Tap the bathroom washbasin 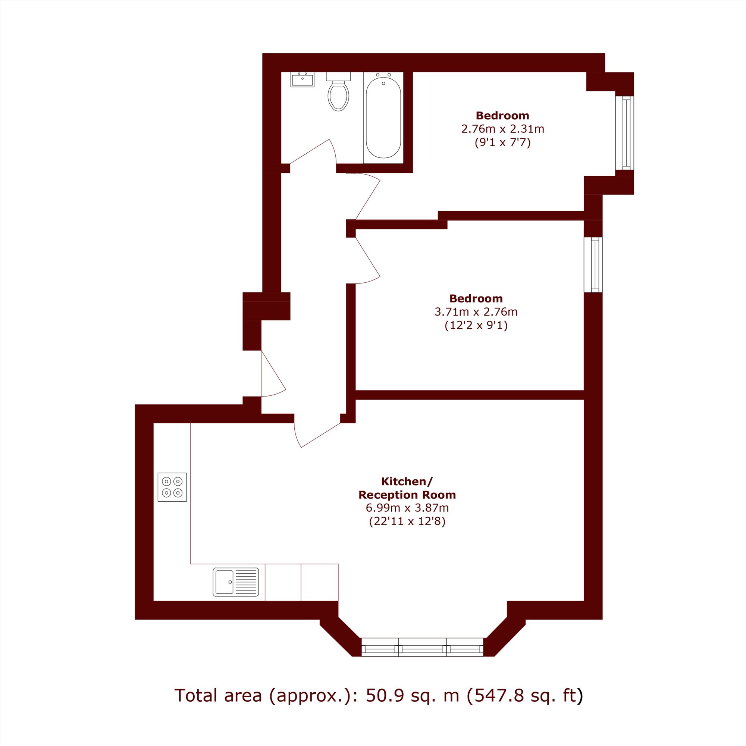tap(303, 79)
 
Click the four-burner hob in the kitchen tap(172, 487)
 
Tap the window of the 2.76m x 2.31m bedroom tap(625, 133)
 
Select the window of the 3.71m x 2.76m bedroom tap(593, 265)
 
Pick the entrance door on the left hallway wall tap(273, 373)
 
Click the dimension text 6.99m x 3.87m tap(407, 508)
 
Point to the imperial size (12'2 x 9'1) tap(476, 326)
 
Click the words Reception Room tap(407, 495)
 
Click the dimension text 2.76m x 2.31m tap(503, 129)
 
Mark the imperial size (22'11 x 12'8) tap(407, 522)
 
